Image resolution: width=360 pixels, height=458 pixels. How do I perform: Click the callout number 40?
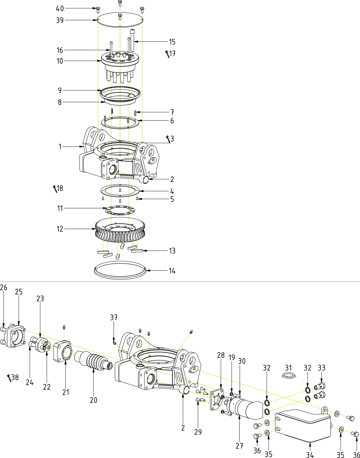60,9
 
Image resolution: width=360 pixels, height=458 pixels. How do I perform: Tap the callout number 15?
172,42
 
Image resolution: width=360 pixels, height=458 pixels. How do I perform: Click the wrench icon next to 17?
167,54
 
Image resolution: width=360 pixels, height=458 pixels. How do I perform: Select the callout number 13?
172,251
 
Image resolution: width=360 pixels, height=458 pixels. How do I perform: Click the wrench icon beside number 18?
55,189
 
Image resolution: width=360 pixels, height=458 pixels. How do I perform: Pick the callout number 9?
60,90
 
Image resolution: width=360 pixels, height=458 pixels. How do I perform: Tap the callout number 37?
114,318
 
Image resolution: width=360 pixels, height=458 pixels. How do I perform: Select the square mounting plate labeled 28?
217,400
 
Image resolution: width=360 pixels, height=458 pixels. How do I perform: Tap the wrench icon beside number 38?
9,378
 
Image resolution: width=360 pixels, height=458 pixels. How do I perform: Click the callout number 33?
321,368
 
